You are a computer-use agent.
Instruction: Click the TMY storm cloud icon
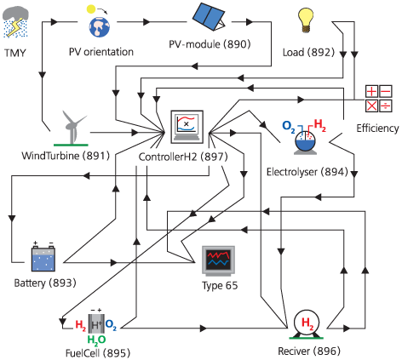click(15, 22)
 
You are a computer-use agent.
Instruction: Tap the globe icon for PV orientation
click(100, 27)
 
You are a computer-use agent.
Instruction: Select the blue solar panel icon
click(209, 16)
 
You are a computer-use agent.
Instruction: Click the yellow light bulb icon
click(306, 20)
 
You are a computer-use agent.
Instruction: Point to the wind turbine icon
click(72, 129)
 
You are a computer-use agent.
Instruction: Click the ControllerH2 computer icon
click(187, 127)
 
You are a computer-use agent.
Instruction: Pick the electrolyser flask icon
click(305, 138)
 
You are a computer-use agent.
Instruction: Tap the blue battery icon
click(43, 257)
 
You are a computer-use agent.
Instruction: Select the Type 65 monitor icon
click(219, 261)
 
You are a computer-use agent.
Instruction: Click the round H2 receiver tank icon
click(307, 324)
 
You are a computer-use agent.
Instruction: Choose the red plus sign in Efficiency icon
click(371, 91)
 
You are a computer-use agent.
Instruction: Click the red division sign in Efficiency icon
click(386, 106)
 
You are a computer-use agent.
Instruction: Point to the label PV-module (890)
click(210, 44)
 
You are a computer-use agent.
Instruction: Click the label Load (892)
click(308, 52)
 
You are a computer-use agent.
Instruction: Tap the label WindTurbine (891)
click(66, 156)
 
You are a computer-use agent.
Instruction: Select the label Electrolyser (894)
click(307, 172)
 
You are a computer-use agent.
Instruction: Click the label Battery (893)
click(45, 283)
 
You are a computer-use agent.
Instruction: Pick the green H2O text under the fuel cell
click(96, 340)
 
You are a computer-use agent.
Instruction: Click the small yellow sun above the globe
click(91, 9)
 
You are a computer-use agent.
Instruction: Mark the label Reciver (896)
click(309, 351)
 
